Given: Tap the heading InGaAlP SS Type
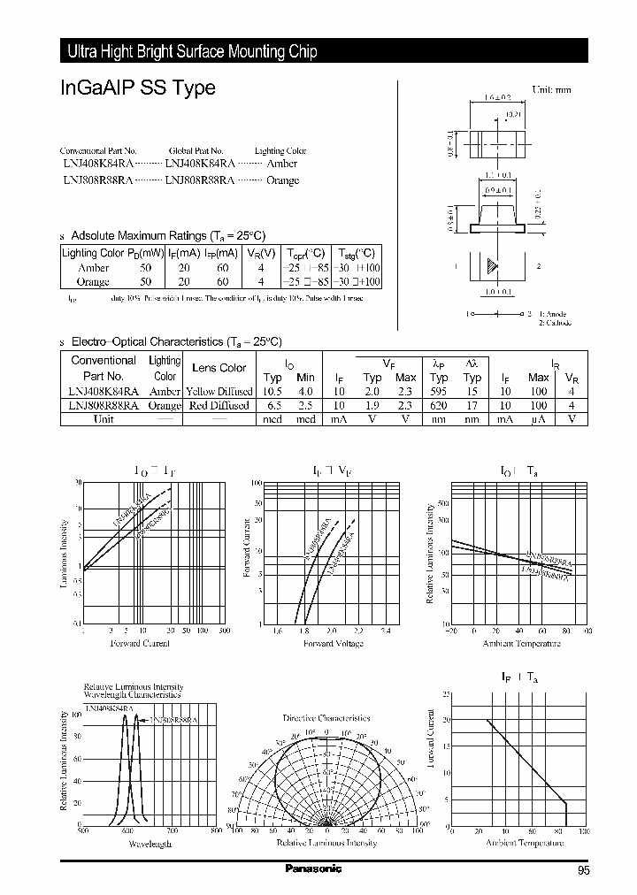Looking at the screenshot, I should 137,89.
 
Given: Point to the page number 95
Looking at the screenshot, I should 584,871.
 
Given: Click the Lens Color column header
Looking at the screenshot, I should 219,367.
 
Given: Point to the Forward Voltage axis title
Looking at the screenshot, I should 333,644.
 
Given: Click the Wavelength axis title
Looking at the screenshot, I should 150,845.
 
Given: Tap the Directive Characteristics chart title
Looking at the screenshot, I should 326,718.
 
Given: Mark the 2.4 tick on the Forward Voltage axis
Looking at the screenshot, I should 385,631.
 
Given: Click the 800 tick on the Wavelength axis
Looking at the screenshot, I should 216,831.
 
